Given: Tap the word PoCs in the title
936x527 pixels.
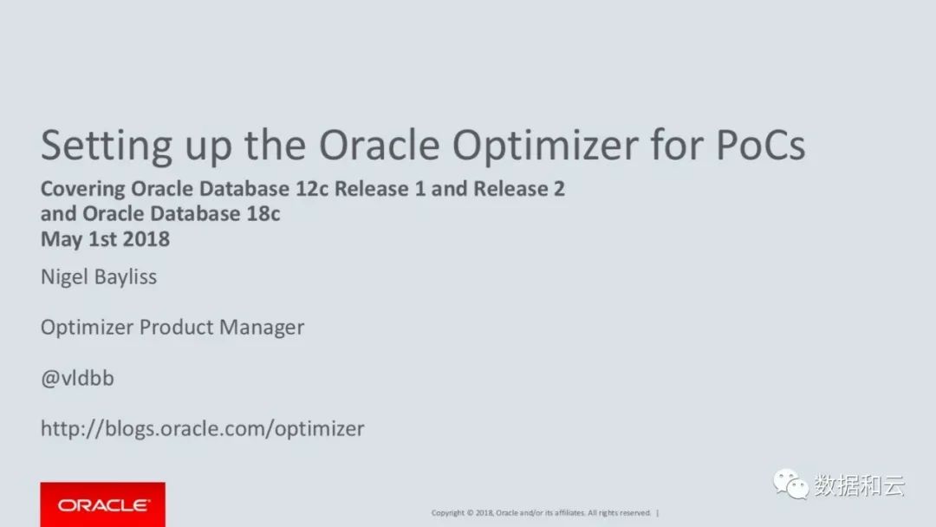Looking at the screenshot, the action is coord(761,145).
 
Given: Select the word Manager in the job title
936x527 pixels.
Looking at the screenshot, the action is coord(262,328).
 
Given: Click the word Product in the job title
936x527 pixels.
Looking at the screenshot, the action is coord(176,327).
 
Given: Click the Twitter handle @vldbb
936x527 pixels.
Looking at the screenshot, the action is coord(78,379).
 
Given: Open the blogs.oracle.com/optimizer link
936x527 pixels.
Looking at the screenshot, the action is coord(202,429).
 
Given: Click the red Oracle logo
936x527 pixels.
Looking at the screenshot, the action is coord(102,505).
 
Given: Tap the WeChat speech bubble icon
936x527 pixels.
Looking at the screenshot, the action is coord(791,484).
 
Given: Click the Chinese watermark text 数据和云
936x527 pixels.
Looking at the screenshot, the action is coord(860,485).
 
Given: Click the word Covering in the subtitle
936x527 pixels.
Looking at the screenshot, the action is coord(83,190).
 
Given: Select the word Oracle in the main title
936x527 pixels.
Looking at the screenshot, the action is coord(380,145).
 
